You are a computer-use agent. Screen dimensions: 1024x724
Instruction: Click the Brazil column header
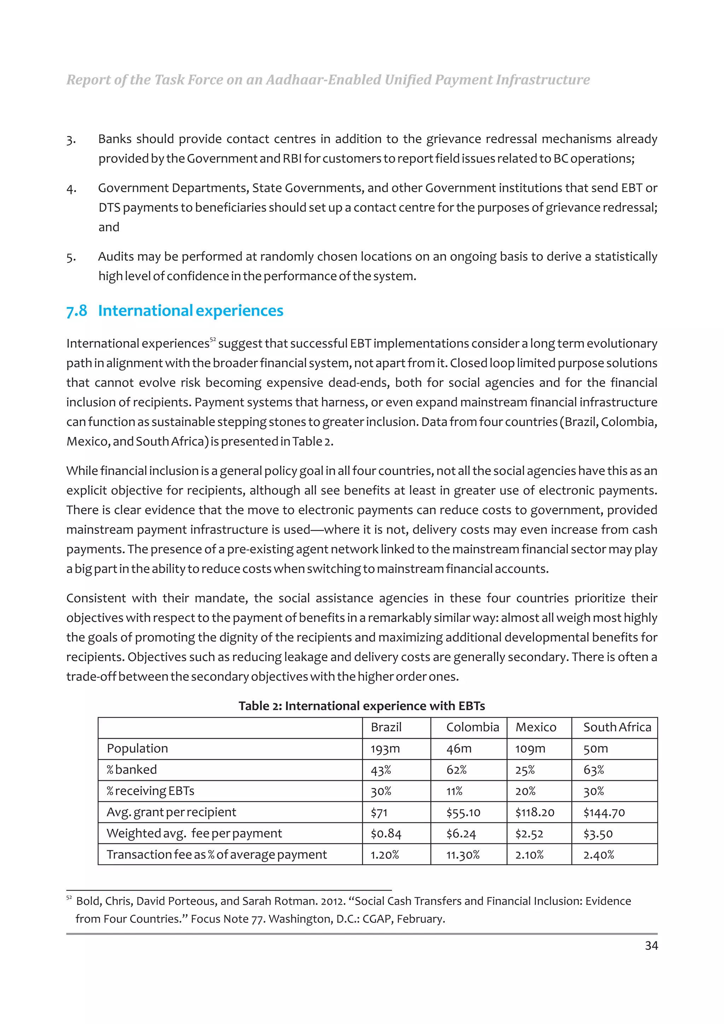click(x=386, y=728)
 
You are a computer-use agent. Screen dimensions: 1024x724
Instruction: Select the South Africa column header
click(x=617, y=728)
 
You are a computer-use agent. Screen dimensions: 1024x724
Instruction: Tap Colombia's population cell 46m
click(x=459, y=749)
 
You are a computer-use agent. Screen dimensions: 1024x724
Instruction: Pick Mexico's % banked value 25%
click(x=525, y=770)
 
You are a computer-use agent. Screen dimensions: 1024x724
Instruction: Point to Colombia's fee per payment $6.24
click(x=461, y=834)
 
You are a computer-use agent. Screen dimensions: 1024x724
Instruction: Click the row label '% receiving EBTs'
click(x=150, y=791)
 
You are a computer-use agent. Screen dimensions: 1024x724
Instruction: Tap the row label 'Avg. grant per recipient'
click(x=171, y=812)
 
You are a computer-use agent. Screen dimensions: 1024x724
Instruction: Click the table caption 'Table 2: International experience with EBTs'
click(x=361, y=706)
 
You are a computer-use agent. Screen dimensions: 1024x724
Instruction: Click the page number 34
click(x=651, y=946)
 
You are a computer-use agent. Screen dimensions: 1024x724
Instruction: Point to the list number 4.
click(x=71, y=189)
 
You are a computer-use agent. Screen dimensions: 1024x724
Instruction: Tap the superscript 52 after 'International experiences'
click(x=213, y=340)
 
